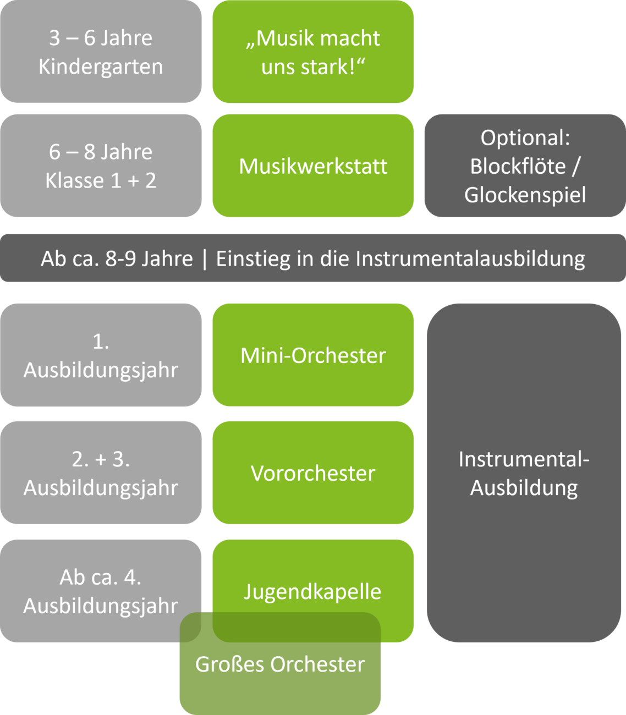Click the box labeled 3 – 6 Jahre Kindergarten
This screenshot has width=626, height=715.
tap(101, 52)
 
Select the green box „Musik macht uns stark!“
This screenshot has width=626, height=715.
tap(313, 52)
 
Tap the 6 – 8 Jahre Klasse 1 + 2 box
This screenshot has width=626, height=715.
tap(101, 166)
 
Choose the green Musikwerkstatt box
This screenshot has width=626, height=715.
tap(313, 166)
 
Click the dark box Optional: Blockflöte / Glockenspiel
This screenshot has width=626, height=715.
tap(525, 166)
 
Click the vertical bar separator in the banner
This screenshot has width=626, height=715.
tap(205, 259)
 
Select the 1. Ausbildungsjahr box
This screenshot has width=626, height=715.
tap(101, 355)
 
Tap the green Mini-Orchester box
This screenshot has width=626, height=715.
tap(313, 355)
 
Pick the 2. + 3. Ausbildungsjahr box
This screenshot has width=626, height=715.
tap(101, 473)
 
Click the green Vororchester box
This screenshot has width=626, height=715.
tap(313, 473)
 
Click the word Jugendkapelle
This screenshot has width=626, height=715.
tap(312, 591)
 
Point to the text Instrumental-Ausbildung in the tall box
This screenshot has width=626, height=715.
tap(524, 473)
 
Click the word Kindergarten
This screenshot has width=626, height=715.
tap(101, 67)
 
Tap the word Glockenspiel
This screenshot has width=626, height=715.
tap(525, 195)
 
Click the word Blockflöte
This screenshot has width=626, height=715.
tap(518, 166)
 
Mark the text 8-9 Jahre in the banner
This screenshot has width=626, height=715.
tap(149, 258)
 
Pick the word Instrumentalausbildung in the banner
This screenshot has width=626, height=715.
tap(470, 258)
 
